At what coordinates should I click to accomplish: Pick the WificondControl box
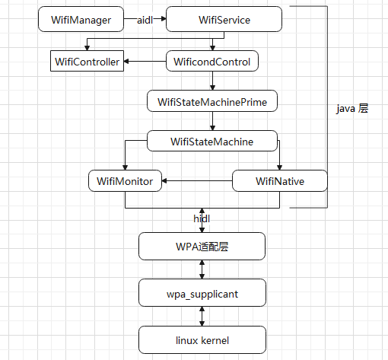point(212,62)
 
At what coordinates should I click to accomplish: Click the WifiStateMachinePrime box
point(212,101)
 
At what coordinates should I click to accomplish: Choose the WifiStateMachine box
point(212,142)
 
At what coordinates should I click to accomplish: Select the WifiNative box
point(279,181)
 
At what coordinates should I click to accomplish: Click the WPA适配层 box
point(202,246)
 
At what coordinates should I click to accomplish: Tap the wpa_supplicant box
point(202,292)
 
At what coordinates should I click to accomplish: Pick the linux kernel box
point(202,339)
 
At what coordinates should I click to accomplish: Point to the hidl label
point(202,218)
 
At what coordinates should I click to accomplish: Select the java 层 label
point(352,109)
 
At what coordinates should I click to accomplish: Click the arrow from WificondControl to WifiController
point(145,62)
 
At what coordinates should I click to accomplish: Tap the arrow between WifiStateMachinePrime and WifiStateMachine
point(212,121)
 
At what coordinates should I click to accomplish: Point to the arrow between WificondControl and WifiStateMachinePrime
point(212,81)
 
